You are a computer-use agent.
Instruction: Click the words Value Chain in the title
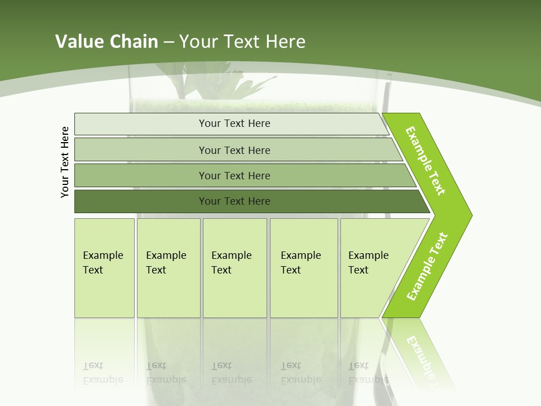pyautogui.click(x=107, y=41)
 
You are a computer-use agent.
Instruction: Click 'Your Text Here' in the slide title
pyautogui.click(x=242, y=41)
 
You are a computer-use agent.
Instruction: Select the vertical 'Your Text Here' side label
pyautogui.click(x=65, y=162)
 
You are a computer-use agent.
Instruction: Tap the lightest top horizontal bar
pyautogui.click(x=141, y=124)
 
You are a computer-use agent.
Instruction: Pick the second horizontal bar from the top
pyautogui.click(x=141, y=150)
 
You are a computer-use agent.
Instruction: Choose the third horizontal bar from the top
pyautogui.click(x=141, y=175)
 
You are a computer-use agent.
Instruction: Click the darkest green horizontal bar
pyautogui.click(x=141, y=201)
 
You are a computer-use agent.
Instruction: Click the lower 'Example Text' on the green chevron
pyautogui.click(x=427, y=266)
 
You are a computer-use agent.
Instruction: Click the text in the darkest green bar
pyautogui.click(x=234, y=201)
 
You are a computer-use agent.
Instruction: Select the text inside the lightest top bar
pyautogui.click(x=234, y=123)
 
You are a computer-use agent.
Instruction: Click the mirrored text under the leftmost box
pyautogui.click(x=103, y=373)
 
